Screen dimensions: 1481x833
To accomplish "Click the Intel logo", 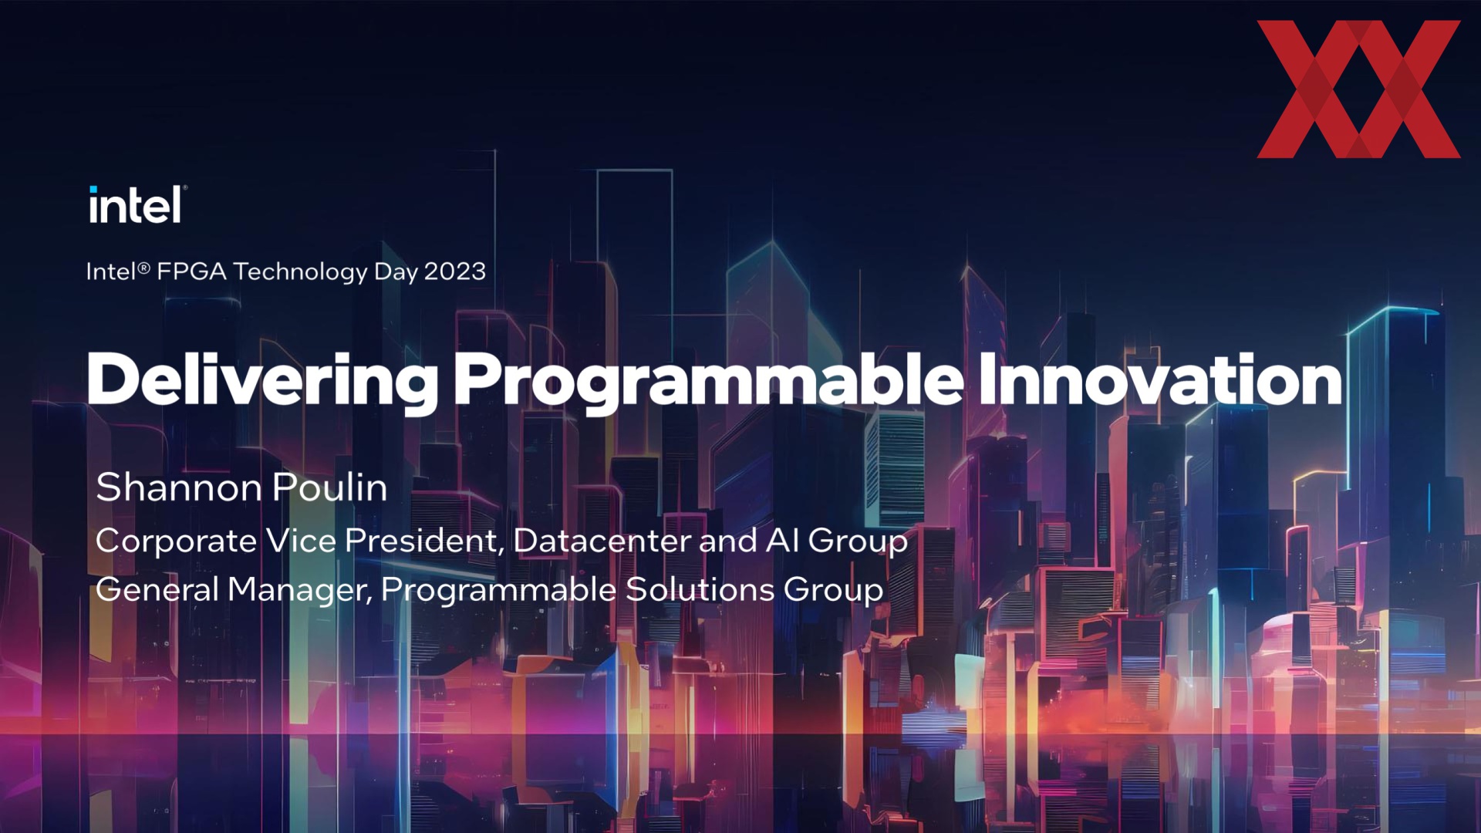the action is tap(137, 204).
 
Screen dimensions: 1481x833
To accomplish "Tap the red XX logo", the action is tap(1358, 89).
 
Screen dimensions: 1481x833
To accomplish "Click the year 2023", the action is tap(455, 271).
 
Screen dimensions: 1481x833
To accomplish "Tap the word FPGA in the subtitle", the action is tap(191, 271).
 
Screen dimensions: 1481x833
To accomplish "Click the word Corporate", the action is tap(176, 541).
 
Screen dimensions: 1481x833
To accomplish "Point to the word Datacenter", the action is tap(602, 541).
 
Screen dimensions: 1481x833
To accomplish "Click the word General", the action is tap(157, 589).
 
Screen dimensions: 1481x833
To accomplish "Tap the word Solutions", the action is tap(700, 589).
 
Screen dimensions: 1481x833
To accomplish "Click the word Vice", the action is tap(301, 541).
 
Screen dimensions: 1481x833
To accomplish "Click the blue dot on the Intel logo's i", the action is tap(93, 190).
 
